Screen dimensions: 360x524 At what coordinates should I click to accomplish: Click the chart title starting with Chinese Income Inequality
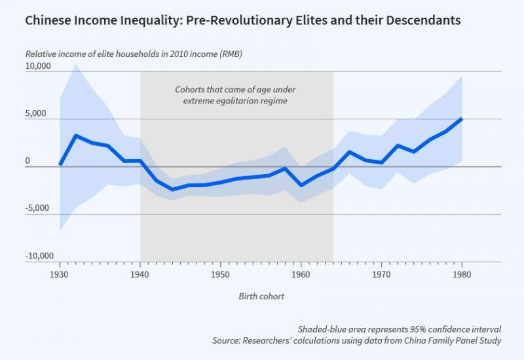coord(242,20)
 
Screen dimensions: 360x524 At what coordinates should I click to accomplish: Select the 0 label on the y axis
coord(28,161)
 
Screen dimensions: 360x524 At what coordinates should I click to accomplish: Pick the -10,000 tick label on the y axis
coord(39,256)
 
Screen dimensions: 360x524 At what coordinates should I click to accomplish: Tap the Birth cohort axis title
coord(261,296)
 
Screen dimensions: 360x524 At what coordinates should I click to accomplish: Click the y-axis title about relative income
coord(134,54)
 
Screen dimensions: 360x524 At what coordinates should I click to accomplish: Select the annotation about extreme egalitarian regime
coord(236,95)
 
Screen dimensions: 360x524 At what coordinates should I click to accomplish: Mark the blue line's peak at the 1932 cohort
coord(76,135)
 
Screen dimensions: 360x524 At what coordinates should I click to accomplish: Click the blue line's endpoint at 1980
coord(462,118)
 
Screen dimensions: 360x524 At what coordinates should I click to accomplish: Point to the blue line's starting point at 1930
coord(60,164)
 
